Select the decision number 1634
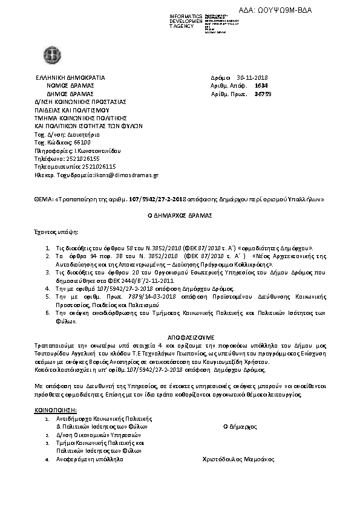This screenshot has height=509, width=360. click(x=261, y=86)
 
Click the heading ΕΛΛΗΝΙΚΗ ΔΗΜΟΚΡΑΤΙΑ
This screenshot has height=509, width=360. click(x=70, y=78)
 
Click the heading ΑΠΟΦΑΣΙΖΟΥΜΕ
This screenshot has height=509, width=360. click(x=179, y=336)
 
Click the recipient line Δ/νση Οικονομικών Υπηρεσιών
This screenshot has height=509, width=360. click(x=98, y=435)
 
